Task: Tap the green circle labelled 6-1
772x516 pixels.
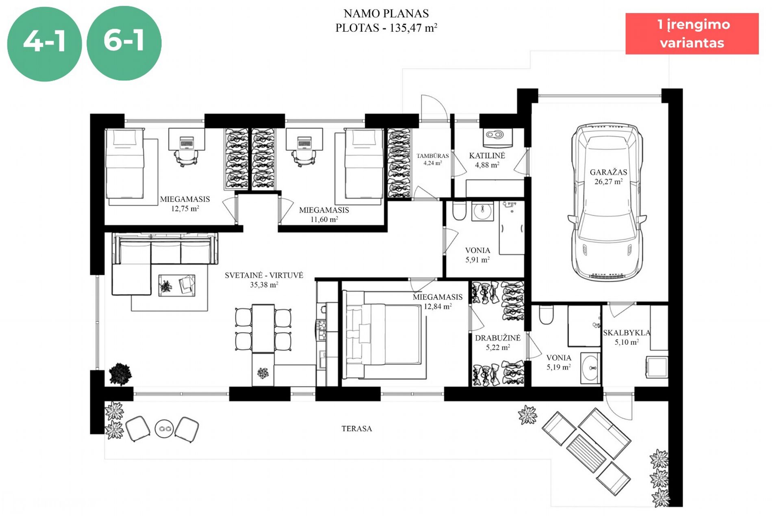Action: point(124,43)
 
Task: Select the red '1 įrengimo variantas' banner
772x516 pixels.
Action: point(692,33)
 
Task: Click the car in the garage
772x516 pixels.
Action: point(607,202)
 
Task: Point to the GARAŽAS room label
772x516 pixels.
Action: point(608,172)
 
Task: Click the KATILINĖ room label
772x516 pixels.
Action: point(487,155)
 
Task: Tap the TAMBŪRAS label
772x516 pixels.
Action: point(433,156)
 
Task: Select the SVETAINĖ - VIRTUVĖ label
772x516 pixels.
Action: point(264,275)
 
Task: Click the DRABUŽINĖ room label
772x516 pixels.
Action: point(498,338)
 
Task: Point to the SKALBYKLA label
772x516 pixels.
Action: point(627,333)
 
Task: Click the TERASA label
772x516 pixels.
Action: point(357,429)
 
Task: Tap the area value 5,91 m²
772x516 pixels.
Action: point(477,259)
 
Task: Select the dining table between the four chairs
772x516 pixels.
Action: point(263,329)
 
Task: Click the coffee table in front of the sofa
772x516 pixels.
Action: point(177,285)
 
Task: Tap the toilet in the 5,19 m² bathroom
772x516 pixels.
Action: point(546,314)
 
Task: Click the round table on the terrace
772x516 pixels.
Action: point(164,428)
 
